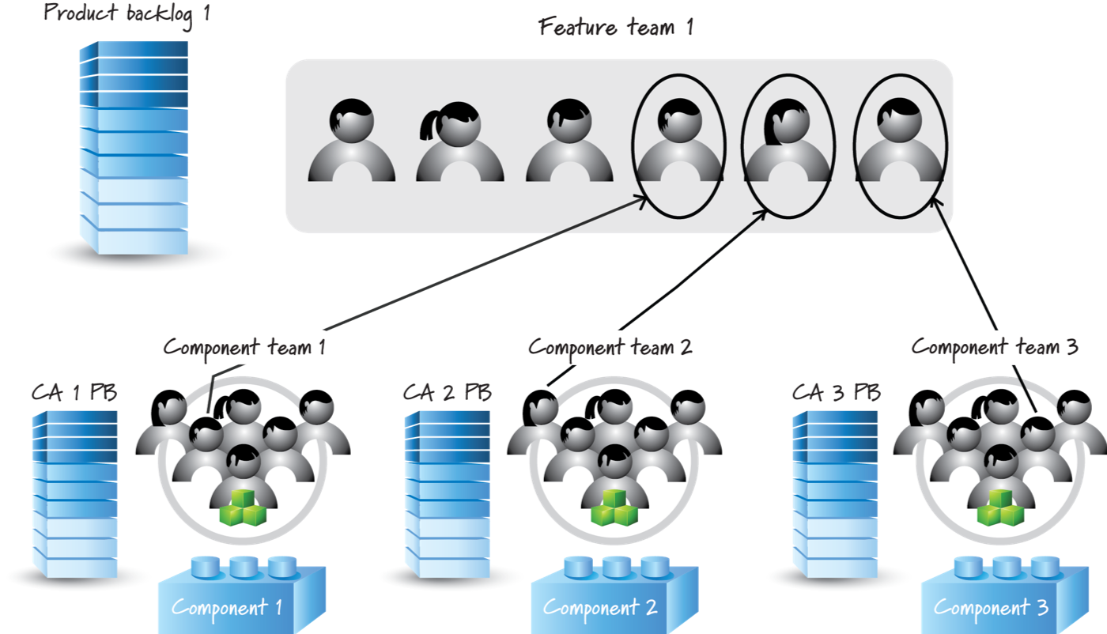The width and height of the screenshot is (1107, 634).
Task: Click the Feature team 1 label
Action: pos(615,28)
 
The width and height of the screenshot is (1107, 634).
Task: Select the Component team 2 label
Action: pos(610,346)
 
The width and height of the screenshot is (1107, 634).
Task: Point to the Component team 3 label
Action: pos(995,348)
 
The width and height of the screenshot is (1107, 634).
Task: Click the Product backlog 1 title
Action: pos(127,13)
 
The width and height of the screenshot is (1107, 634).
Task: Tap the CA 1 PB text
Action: pos(74,392)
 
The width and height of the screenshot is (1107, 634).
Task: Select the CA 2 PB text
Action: pos(447,392)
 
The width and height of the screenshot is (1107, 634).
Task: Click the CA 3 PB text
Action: pos(837,392)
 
